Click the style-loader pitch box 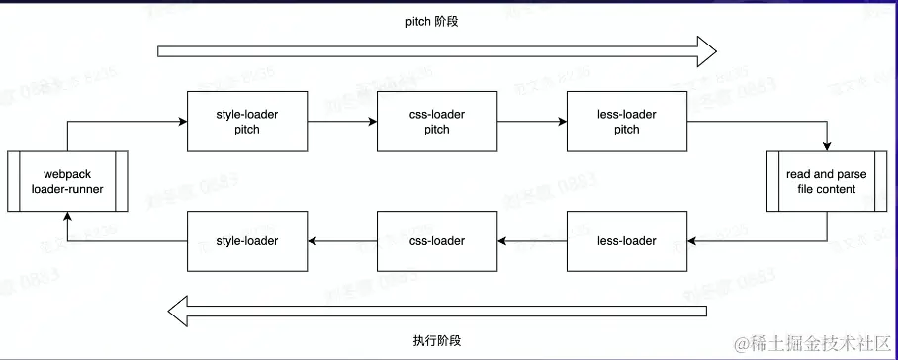click(x=247, y=122)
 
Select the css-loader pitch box click(x=436, y=122)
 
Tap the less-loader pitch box click(x=626, y=122)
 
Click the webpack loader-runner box click(x=67, y=181)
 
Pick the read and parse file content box click(x=827, y=181)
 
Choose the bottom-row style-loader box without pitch click(x=247, y=241)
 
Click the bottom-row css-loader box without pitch click(x=436, y=241)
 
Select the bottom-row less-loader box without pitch click(x=626, y=241)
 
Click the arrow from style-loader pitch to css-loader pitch click(x=342, y=122)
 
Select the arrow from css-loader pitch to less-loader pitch click(x=531, y=122)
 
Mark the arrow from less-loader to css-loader click(x=531, y=241)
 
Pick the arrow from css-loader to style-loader click(x=342, y=241)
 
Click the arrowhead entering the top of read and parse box click(x=827, y=145)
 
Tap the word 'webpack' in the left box click(x=67, y=174)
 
